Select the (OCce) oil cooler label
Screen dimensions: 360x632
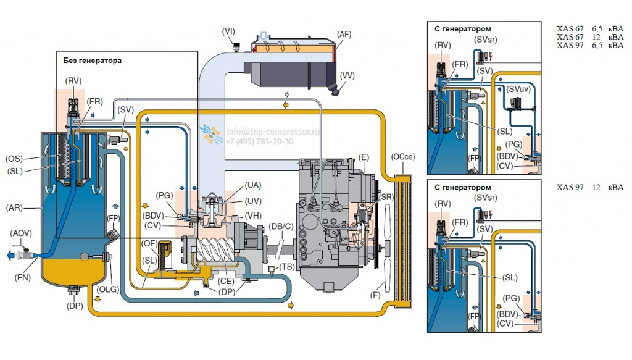point(402,157)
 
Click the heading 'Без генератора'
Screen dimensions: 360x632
point(92,61)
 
